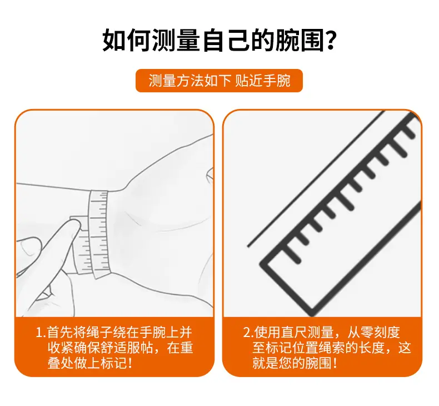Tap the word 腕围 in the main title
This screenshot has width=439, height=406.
pyautogui.click(x=300, y=41)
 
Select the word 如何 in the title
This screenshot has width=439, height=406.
pyautogui.click(x=127, y=41)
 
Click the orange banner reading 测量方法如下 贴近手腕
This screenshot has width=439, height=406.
pyautogui.click(x=219, y=81)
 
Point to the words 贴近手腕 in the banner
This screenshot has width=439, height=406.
pyautogui.click(x=263, y=81)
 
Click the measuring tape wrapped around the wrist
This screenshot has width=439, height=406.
pyautogui.click(x=97, y=234)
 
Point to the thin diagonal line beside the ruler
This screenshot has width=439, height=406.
pyautogui.click(x=316, y=179)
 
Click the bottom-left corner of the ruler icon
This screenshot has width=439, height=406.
pyautogui.click(x=261, y=264)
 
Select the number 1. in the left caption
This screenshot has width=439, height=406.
pyautogui.click(x=41, y=333)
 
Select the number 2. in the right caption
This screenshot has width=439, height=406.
pyautogui.click(x=248, y=333)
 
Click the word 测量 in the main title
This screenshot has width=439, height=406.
pyautogui.click(x=176, y=41)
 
